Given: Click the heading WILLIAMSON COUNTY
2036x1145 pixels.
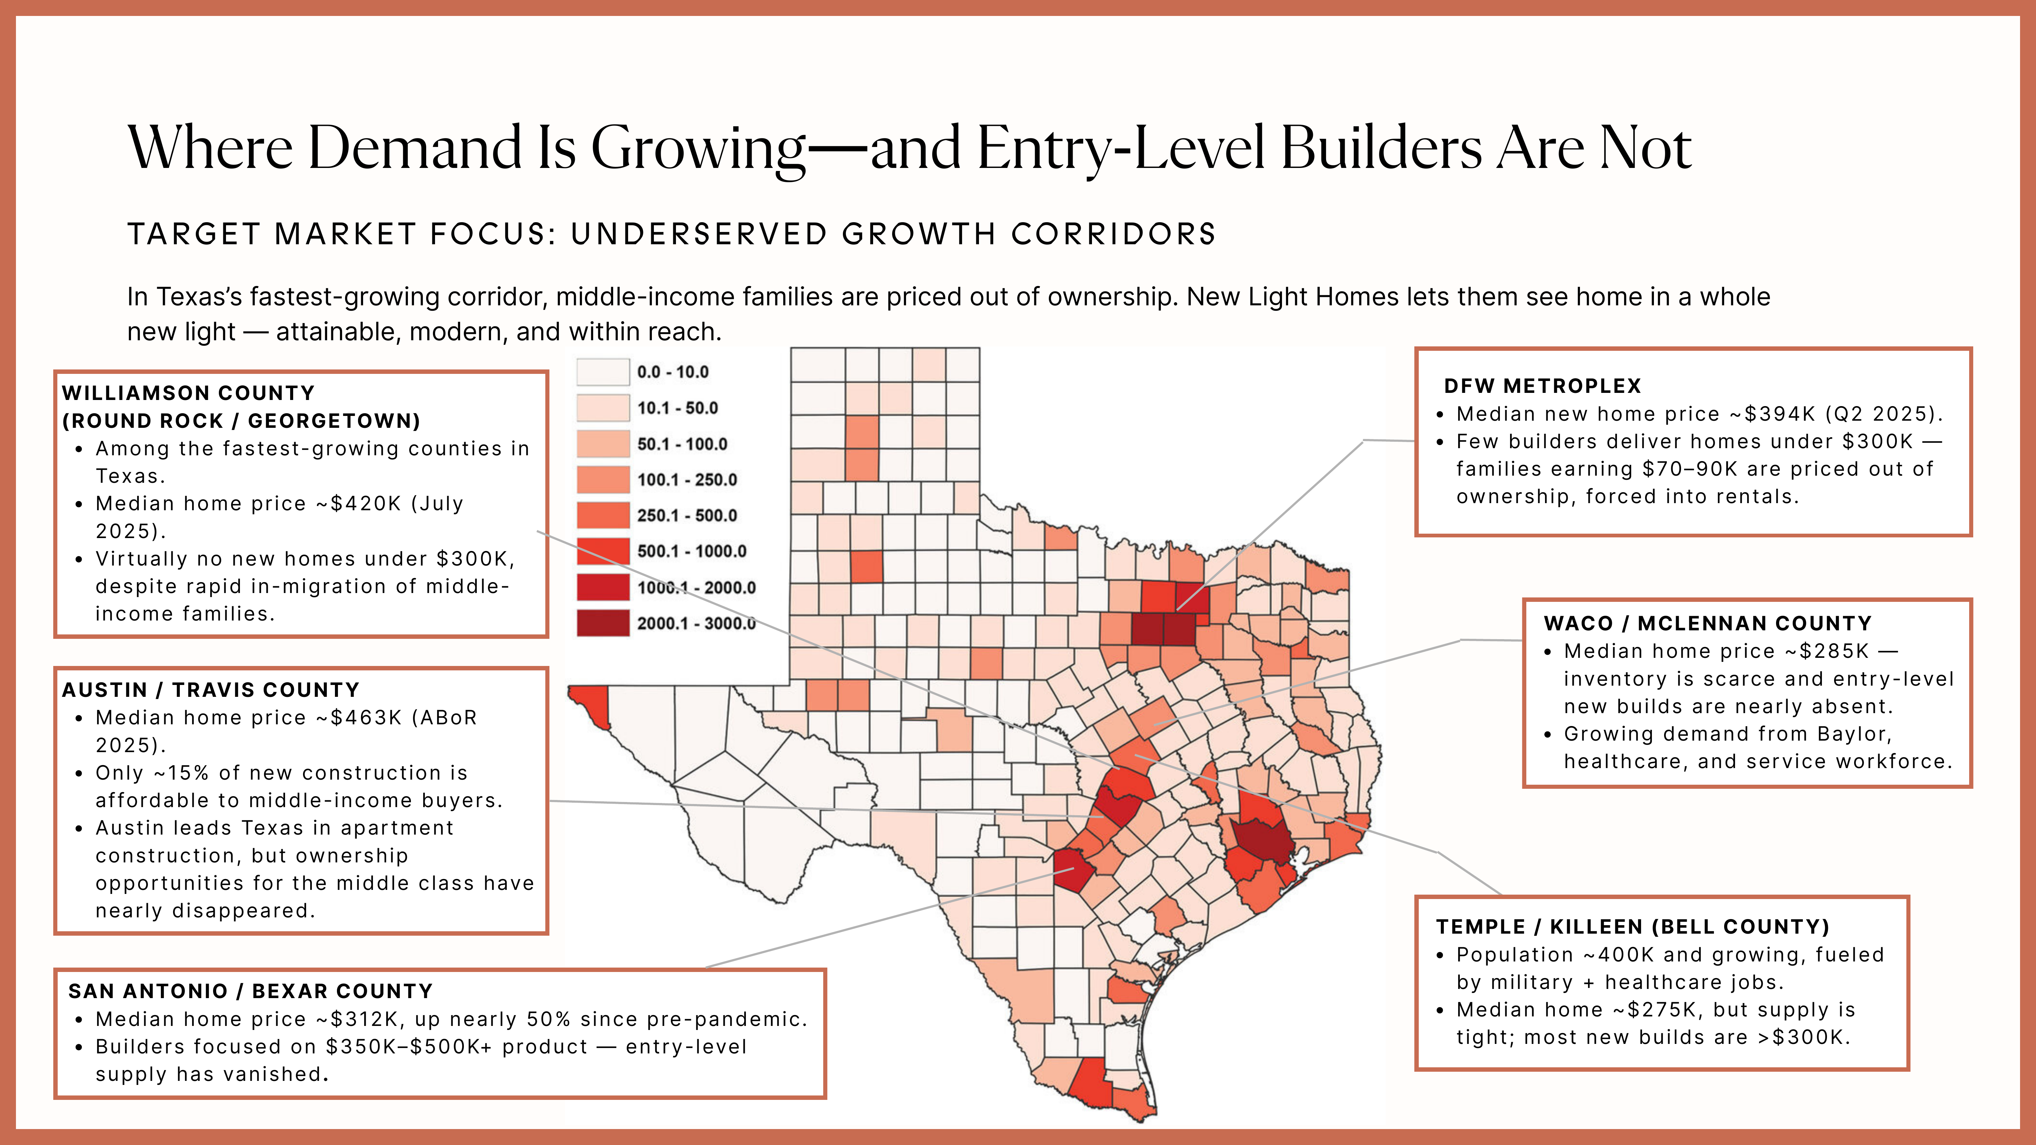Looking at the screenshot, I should (x=188, y=393).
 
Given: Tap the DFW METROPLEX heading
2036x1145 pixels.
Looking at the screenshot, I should (x=1542, y=386).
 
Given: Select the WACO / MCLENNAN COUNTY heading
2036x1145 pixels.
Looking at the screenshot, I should (x=1707, y=624).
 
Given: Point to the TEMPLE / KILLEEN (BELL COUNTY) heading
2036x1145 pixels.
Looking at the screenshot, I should (x=1632, y=927).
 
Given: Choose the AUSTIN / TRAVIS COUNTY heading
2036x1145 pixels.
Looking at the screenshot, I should (x=210, y=690).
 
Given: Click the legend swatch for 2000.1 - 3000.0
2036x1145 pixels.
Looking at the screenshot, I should (x=603, y=623).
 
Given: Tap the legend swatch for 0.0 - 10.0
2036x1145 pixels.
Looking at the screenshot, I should (x=603, y=371).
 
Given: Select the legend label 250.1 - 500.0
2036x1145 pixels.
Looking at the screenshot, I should (x=687, y=515).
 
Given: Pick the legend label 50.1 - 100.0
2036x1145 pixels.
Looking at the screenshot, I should (x=682, y=444).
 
